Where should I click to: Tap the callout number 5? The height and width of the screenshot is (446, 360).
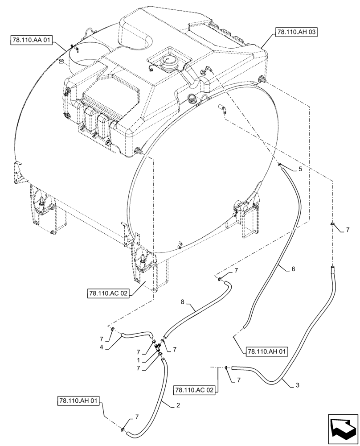300,169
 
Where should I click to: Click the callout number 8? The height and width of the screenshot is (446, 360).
182,302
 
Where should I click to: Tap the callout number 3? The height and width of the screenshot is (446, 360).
297,385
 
